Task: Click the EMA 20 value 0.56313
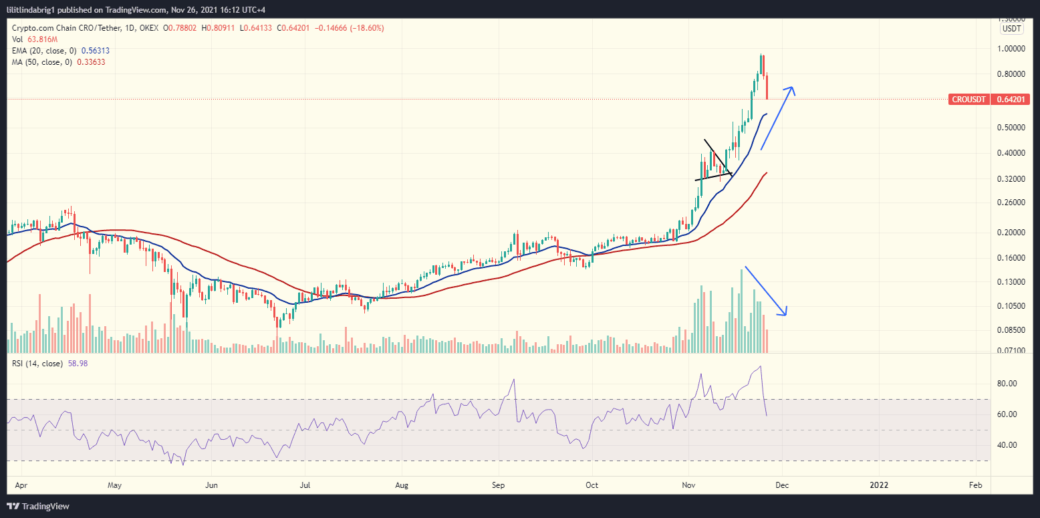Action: [x=95, y=50]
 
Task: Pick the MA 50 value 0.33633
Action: [x=91, y=61]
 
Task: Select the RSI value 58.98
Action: [x=78, y=364]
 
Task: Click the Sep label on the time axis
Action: [x=497, y=484]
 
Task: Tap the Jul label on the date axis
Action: [x=305, y=484]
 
